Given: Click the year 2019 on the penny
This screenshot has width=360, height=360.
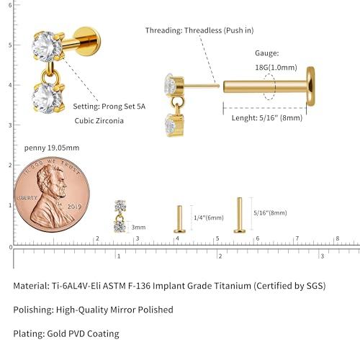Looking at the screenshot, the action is click(74, 207).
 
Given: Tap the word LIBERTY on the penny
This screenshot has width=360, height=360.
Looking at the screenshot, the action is click(27, 198).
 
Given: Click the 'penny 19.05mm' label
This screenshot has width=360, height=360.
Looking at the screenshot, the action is click(52, 148).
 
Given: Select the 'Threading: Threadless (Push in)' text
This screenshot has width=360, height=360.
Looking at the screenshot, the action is click(199, 30).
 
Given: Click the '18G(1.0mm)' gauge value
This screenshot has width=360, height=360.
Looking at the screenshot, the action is click(276, 68).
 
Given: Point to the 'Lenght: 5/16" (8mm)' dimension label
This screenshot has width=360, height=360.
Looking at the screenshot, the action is click(267, 118).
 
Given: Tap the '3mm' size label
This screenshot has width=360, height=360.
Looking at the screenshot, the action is click(138, 228).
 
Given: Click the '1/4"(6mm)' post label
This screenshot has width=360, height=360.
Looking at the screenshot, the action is click(209, 217).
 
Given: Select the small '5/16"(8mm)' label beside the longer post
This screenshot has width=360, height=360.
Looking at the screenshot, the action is click(270, 213).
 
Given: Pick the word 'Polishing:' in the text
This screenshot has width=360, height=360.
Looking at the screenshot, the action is click(34, 310).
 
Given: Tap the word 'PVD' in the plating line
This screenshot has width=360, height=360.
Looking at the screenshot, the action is click(77, 333).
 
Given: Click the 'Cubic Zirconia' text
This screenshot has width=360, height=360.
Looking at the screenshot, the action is click(99, 121).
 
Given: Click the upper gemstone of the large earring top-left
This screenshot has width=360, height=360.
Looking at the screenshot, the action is click(47, 46).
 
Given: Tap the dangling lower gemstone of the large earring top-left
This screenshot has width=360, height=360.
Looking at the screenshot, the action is click(48, 98).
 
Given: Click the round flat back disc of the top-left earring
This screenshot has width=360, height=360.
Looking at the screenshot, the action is click(87, 41).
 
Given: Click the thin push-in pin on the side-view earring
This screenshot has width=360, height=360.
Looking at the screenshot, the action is click(202, 86).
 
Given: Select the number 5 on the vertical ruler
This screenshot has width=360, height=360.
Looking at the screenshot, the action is click(10, 45).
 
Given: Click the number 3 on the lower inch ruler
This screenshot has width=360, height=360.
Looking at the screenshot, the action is click(323, 256).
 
